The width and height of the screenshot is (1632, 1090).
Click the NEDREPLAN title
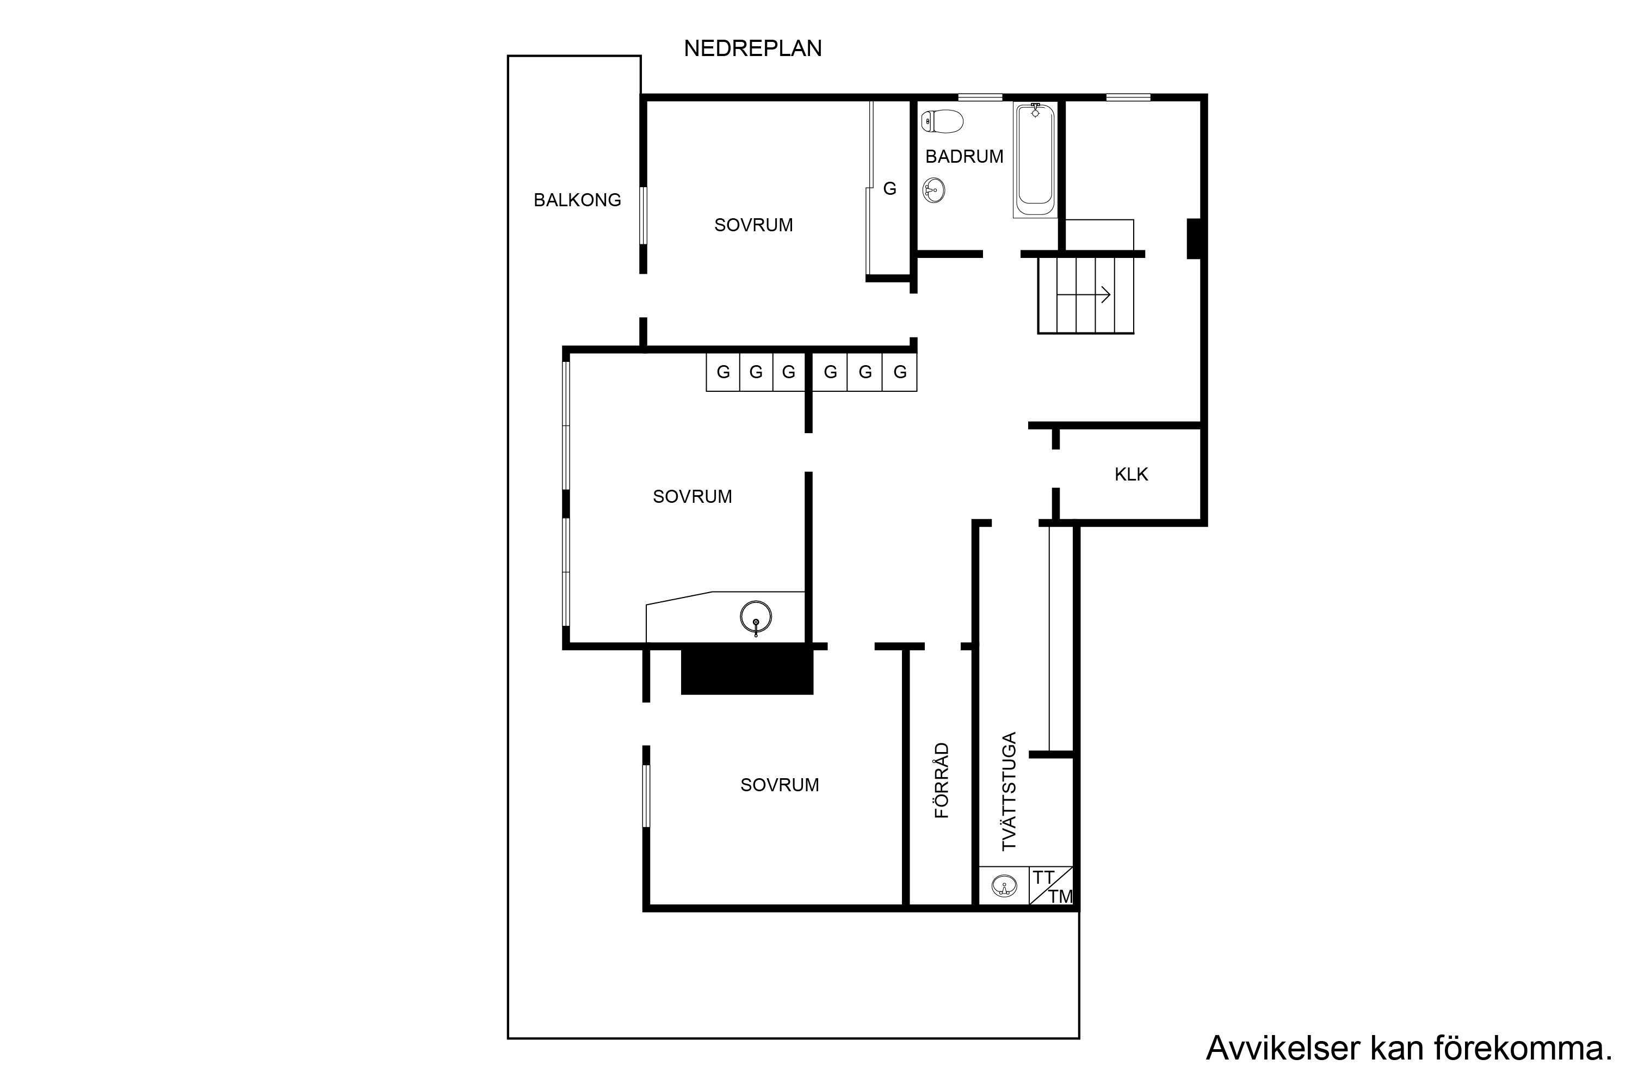[x=752, y=48]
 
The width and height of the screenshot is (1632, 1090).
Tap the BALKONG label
[x=577, y=200]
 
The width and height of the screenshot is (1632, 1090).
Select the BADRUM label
[x=965, y=156]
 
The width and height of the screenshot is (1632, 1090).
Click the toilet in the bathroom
[x=942, y=122]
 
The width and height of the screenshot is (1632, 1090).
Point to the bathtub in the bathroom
[x=1035, y=160]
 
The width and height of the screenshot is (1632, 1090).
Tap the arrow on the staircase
[x=1083, y=295]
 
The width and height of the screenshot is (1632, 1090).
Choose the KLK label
[x=1131, y=475]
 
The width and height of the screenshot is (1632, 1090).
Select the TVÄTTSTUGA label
[x=1009, y=791]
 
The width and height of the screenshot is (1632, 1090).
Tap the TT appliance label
[x=1043, y=878]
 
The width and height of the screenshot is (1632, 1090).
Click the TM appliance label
[x=1061, y=897]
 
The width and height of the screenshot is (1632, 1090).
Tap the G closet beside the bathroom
[x=889, y=188]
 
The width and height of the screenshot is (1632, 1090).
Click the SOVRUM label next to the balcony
[x=753, y=225]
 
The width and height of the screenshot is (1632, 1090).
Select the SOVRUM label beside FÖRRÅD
[x=780, y=785]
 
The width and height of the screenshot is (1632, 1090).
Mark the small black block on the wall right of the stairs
[x=1194, y=238]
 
